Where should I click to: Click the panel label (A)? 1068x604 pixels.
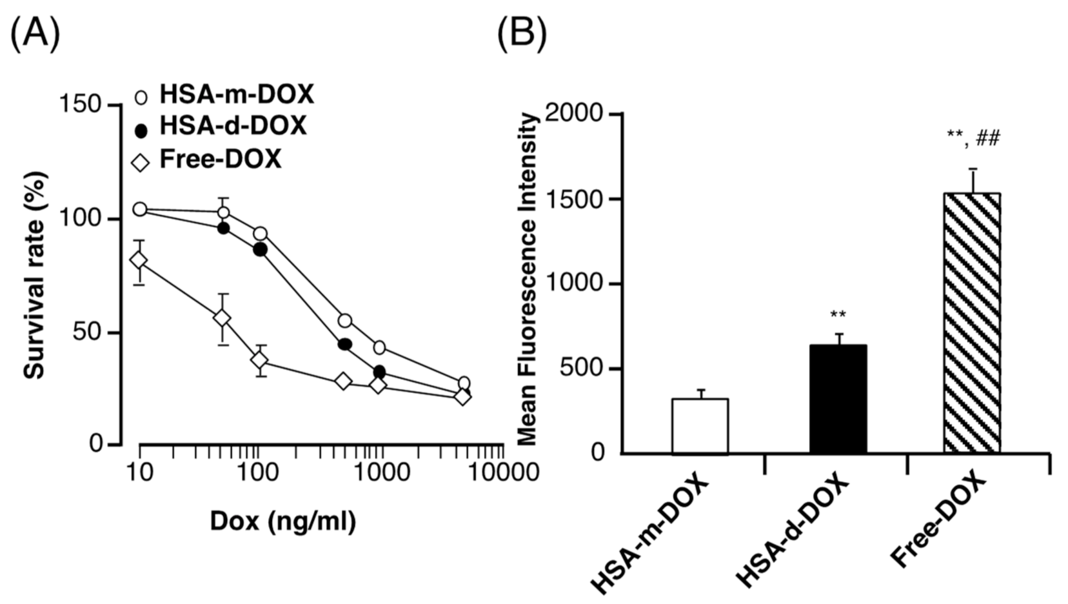35,33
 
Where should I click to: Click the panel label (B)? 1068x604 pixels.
521,33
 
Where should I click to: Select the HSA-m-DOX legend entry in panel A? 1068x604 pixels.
224,96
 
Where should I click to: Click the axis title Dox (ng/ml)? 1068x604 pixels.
282,521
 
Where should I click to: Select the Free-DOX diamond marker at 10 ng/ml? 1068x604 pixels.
139,260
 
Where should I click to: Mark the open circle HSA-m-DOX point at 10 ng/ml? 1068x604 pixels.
140,209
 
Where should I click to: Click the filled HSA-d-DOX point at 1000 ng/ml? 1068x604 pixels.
380,372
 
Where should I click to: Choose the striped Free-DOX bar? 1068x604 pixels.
971,323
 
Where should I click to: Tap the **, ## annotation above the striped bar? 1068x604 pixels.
973,138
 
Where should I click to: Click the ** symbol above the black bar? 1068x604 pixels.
838,316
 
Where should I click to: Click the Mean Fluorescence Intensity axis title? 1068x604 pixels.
528,279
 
